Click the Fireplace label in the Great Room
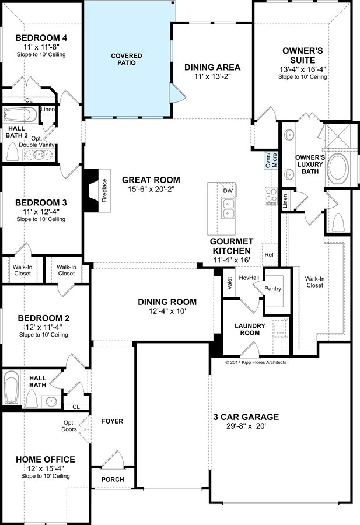click(x=104, y=191)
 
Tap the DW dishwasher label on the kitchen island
click(x=228, y=191)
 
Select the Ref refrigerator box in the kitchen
click(x=269, y=254)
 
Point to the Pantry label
click(x=272, y=289)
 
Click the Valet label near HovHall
click(x=230, y=283)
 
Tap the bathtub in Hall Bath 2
click(x=20, y=115)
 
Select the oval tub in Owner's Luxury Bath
click(x=338, y=169)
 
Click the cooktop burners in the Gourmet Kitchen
click(x=271, y=196)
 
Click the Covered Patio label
click(x=127, y=59)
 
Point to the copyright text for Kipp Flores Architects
click(x=256, y=362)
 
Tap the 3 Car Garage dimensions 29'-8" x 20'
click(x=246, y=426)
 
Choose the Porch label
click(x=113, y=480)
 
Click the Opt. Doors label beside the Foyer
click(x=69, y=426)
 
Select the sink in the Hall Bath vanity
click(x=51, y=401)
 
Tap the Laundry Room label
click(x=250, y=329)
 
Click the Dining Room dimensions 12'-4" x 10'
click(x=167, y=311)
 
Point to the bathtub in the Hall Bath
click(x=12, y=387)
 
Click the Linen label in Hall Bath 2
click(x=48, y=109)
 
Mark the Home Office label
click(x=46, y=460)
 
